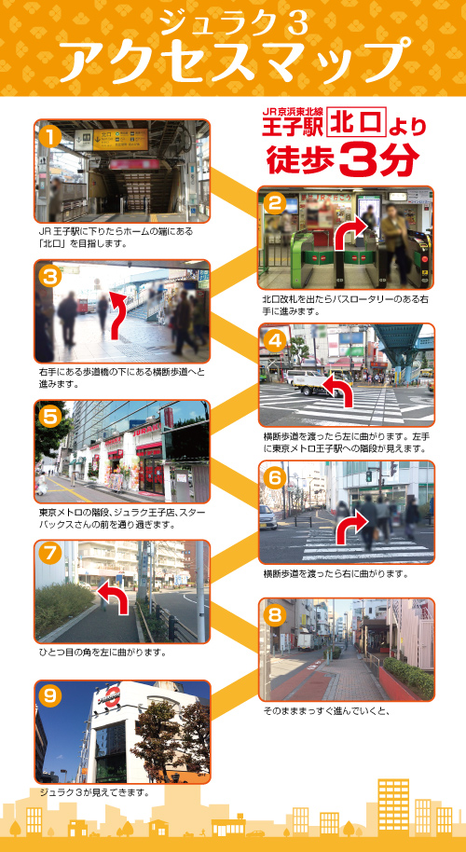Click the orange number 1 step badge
click(x=51, y=136)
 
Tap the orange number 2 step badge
click(x=274, y=202)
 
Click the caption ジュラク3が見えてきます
click(x=95, y=792)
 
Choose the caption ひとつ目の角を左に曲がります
click(x=103, y=653)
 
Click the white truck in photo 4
click(x=303, y=378)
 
